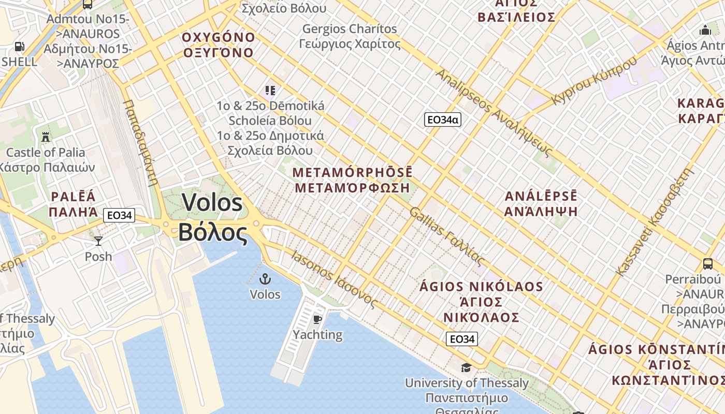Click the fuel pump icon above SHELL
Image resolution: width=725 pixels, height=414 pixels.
click(19, 47)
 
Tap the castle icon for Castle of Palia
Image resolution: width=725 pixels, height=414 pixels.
click(46, 137)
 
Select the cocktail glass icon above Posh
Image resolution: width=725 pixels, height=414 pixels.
click(98, 241)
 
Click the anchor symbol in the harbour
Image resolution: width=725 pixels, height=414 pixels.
click(265, 279)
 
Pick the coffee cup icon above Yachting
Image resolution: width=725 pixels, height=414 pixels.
click(317, 319)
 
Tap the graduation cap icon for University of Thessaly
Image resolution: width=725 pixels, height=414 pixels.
click(466, 367)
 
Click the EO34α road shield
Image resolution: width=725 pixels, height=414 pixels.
click(442, 120)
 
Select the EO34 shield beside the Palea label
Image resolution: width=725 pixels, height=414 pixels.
click(119, 215)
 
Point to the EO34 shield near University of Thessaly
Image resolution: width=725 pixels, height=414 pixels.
click(462, 339)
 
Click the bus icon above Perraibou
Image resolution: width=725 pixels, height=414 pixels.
click(707, 263)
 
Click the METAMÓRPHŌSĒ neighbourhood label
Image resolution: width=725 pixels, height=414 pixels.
click(353, 172)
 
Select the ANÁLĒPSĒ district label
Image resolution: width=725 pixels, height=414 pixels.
click(541, 197)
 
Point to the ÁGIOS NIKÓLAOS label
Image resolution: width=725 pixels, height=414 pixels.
click(482, 287)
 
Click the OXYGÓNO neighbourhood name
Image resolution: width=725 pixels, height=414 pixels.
click(218, 37)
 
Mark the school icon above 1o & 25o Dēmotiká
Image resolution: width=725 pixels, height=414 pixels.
click(270, 91)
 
